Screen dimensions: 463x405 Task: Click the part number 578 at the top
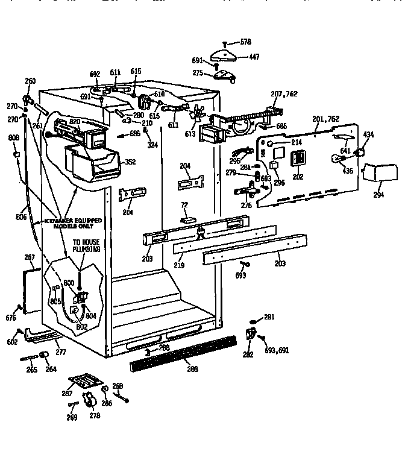(245, 42)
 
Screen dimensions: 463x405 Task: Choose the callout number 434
(367, 134)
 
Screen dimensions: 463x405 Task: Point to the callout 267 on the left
(29, 257)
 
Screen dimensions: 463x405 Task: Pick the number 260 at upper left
(30, 81)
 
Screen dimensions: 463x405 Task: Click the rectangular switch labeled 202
(297, 159)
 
